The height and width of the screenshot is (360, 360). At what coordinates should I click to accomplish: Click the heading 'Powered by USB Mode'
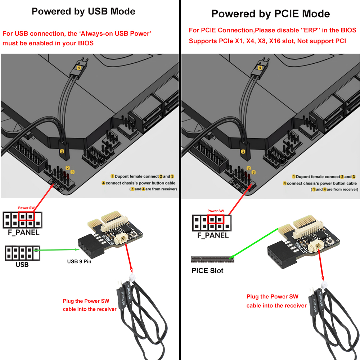[83, 11]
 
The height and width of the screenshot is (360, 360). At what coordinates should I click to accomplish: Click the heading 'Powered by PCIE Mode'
[270, 14]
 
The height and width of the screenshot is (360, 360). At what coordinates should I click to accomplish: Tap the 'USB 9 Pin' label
[79, 261]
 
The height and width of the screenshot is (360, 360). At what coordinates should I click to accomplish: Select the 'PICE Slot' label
[207, 271]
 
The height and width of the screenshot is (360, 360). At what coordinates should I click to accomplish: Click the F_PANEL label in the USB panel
[23, 233]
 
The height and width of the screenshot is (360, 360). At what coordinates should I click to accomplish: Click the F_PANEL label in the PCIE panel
[213, 235]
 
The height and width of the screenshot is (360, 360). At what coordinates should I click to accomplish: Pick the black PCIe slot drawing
[212, 258]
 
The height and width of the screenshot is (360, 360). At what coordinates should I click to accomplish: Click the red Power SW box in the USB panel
[26, 216]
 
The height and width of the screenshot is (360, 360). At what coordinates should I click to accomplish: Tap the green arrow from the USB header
[56, 249]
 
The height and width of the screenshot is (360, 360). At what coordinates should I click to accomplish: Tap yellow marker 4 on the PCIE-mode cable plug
[260, 67]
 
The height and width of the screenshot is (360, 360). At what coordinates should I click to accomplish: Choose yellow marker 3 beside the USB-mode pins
[72, 172]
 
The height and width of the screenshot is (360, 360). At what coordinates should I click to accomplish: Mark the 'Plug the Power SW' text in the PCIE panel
[272, 297]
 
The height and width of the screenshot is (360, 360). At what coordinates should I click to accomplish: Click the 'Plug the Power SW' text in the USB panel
[86, 301]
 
